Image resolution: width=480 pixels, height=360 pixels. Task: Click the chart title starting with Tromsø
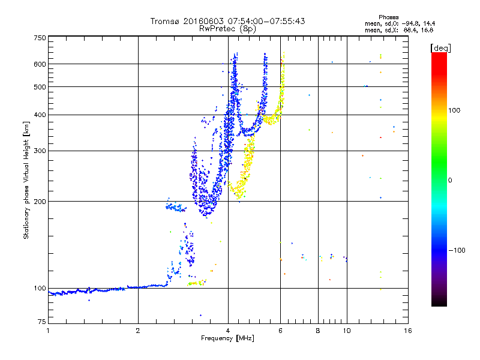[227, 21]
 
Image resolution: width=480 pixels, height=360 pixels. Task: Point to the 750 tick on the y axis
[40, 38]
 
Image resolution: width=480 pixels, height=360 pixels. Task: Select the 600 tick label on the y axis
[40, 64]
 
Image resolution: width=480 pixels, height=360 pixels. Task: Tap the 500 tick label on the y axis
[40, 87]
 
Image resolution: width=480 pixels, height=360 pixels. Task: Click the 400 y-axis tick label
[40, 115]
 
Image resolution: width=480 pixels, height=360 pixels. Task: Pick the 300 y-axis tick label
[40, 151]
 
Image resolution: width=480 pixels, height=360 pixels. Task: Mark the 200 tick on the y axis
[40, 202]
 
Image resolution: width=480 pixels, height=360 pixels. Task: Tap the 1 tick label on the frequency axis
[48, 331]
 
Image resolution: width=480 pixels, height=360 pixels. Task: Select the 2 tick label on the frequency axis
[138, 331]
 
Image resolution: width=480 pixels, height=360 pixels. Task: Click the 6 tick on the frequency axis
[280, 331]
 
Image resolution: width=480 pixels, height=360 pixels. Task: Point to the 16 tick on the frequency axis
[407, 331]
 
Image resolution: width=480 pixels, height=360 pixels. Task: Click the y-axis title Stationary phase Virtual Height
[26, 181]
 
